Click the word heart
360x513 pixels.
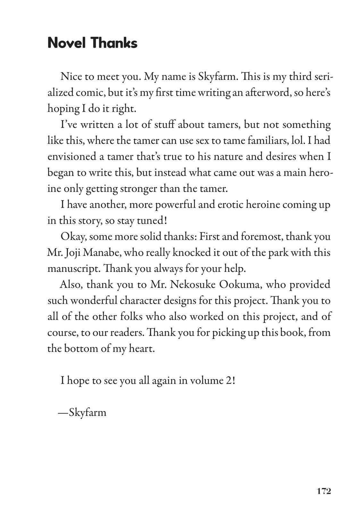(x=141, y=349)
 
